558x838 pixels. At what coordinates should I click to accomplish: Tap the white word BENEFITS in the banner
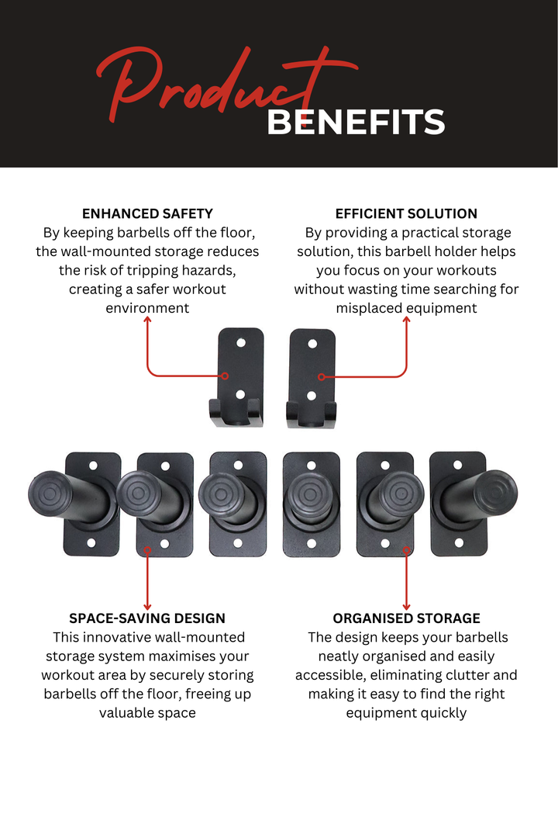[x=356, y=123]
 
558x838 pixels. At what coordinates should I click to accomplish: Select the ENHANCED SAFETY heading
[x=147, y=213]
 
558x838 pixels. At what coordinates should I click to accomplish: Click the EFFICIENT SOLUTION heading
[x=406, y=213]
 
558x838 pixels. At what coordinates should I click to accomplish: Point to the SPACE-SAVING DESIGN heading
[x=147, y=618]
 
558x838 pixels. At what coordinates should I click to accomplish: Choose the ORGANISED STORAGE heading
[x=406, y=618]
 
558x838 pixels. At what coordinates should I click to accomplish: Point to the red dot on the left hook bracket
[x=225, y=376]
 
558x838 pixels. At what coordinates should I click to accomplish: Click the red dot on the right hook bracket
[x=321, y=376]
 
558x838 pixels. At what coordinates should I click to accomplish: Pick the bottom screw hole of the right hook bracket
[x=312, y=396]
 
